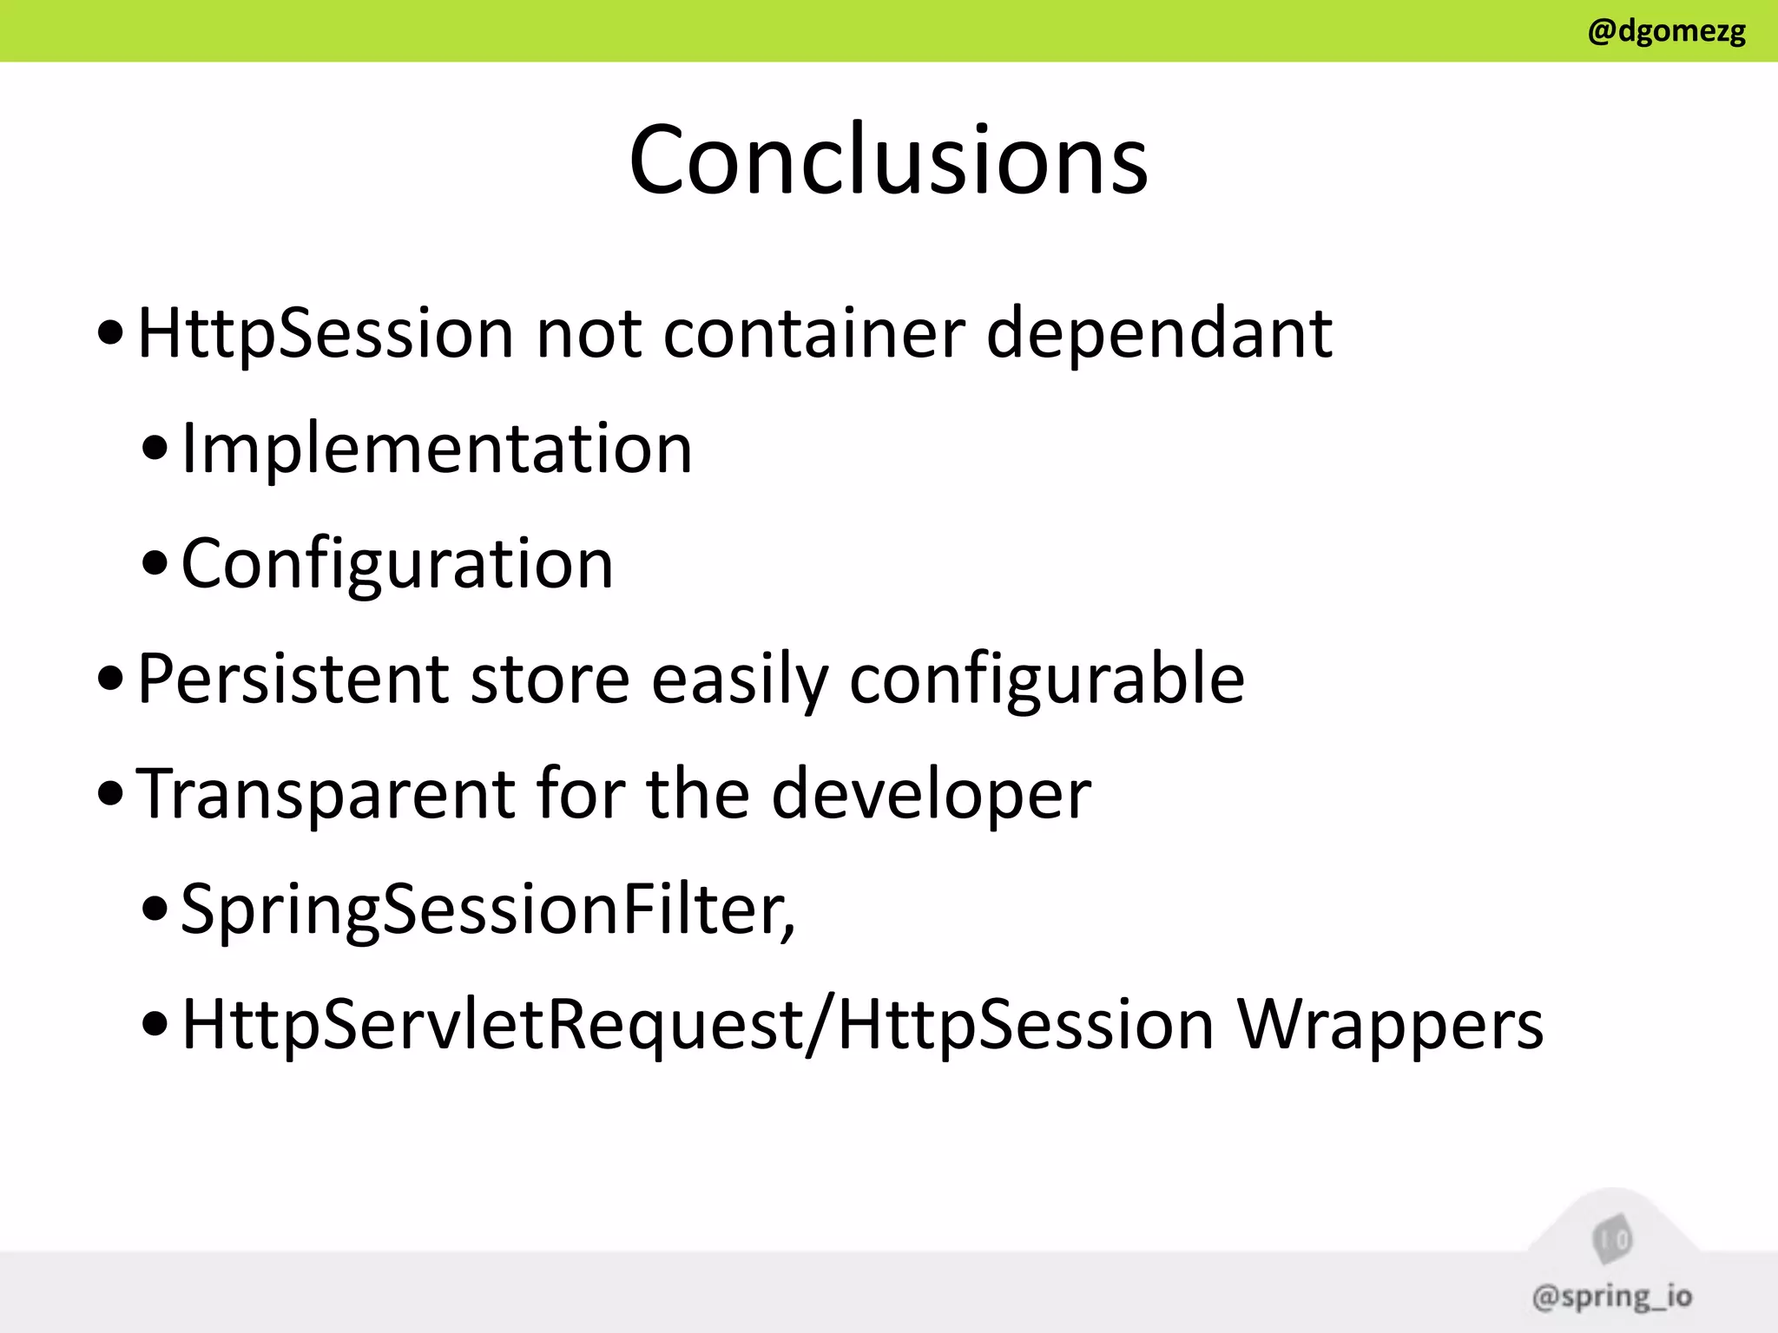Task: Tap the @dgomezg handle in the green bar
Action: (x=1666, y=31)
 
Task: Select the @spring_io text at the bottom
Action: (x=1611, y=1297)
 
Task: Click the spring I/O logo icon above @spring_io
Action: (x=1612, y=1240)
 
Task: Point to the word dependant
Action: (x=1159, y=334)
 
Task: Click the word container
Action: (x=813, y=334)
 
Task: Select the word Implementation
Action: (x=437, y=449)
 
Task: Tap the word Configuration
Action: (x=397, y=564)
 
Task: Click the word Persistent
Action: (x=293, y=679)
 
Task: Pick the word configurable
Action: (x=1046, y=680)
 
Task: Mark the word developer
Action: (x=931, y=795)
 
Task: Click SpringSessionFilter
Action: (x=487, y=909)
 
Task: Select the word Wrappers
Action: (x=1389, y=1025)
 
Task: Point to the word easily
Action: (x=740, y=680)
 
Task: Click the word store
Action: (x=550, y=679)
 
